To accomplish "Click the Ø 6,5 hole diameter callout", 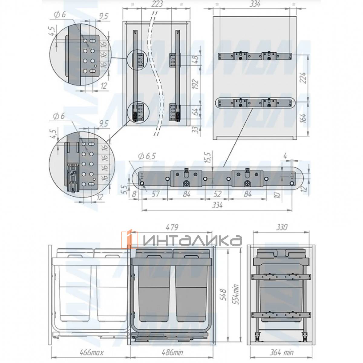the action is (147, 156).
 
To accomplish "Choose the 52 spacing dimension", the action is (217, 194).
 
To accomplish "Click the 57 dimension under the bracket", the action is (155, 194).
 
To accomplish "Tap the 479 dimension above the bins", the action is (172, 227).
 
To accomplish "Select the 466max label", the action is (91, 352).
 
